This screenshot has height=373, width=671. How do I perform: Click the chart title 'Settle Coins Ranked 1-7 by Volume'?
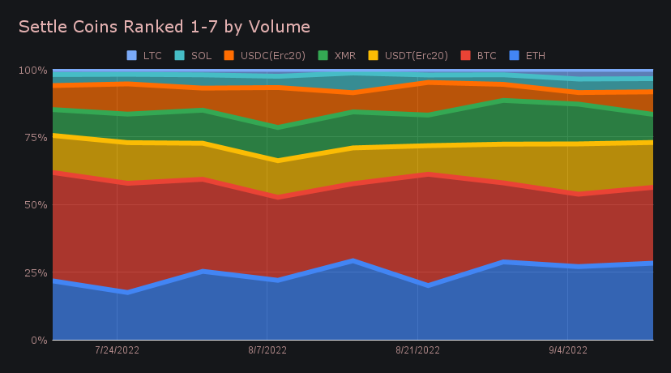[x=164, y=27]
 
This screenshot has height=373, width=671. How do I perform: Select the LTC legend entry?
[x=146, y=56]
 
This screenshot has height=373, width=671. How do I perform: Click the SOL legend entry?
[x=195, y=56]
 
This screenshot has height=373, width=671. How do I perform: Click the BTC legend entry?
[x=480, y=56]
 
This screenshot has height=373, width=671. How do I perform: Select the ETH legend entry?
[x=528, y=56]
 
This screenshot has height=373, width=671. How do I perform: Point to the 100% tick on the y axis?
[x=32, y=71]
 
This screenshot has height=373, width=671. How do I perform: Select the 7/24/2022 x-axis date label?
[x=118, y=351]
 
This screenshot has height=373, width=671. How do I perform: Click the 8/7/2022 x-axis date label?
[x=267, y=351]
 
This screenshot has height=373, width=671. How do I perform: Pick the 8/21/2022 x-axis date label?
[x=417, y=351]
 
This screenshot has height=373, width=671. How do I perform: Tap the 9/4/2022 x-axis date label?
[x=567, y=351]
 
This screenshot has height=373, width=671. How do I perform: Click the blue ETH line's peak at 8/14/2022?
[x=352, y=260]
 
